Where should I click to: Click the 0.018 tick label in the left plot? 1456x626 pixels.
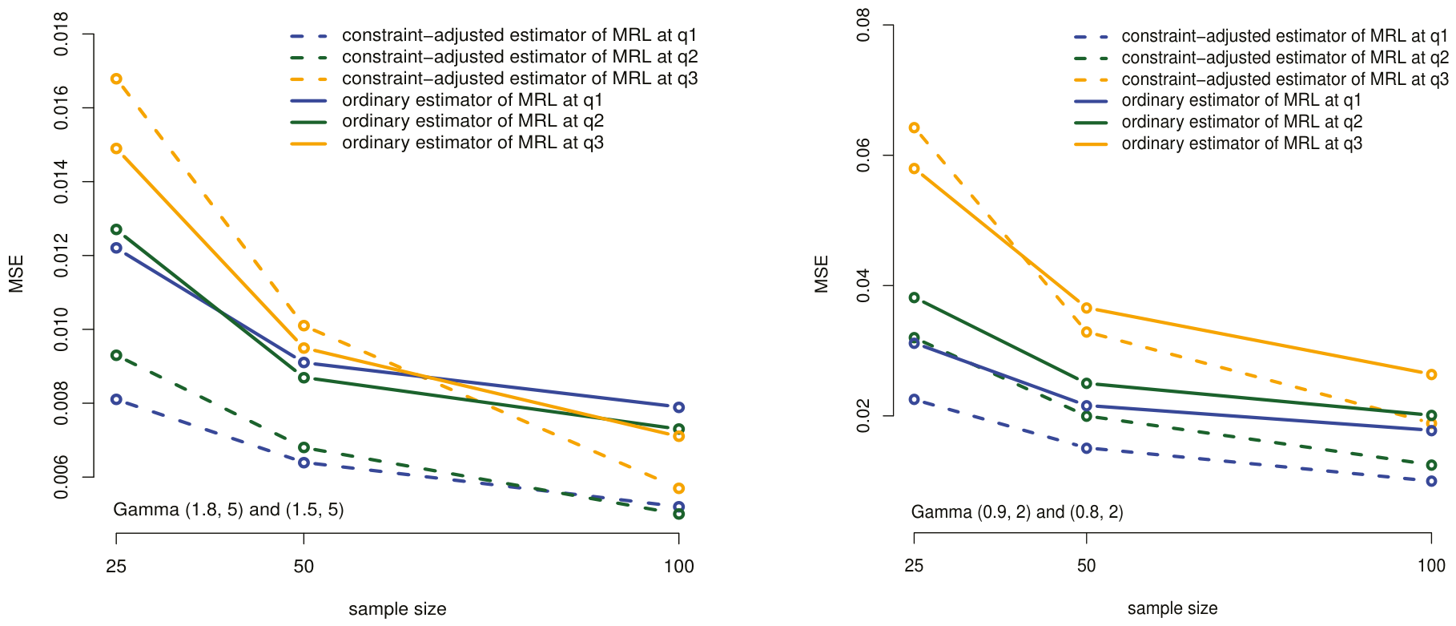tap(61, 34)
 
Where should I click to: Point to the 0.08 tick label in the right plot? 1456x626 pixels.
tap(863, 26)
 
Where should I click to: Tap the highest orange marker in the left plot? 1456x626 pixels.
tap(116, 79)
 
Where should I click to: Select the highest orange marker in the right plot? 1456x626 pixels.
tap(914, 127)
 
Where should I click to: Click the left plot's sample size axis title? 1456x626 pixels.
tap(397, 609)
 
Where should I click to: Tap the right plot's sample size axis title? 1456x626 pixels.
tap(1172, 608)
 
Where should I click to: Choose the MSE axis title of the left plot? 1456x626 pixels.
tap(17, 274)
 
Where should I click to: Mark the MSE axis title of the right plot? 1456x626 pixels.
tap(822, 274)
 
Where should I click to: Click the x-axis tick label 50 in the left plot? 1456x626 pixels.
tap(304, 567)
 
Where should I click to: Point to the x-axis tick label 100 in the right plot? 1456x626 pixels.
tap(1431, 566)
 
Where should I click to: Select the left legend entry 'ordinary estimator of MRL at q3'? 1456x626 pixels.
tap(447, 143)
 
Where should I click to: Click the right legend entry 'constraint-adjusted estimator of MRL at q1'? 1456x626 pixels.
tap(1261, 36)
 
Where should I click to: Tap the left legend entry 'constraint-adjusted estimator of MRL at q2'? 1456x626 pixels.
tap(494, 57)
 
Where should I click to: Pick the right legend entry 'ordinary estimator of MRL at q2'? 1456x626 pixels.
tap(1218, 122)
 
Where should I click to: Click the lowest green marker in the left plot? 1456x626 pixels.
tap(679, 513)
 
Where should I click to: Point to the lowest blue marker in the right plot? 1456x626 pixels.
tap(1431, 481)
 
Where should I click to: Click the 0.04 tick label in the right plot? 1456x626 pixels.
tap(863, 285)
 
